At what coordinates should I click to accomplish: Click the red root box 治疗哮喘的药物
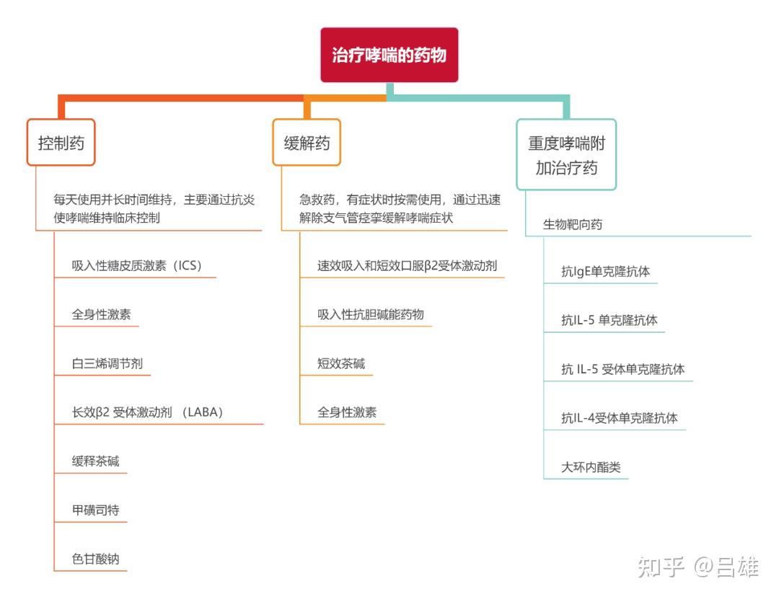point(389,55)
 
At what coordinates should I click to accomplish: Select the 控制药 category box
point(61,143)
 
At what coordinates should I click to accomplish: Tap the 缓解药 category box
point(307,143)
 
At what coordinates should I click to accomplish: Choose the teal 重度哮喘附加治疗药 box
point(566,154)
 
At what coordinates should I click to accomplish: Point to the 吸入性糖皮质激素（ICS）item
point(136,266)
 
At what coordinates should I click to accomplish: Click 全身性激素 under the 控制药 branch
point(102,314)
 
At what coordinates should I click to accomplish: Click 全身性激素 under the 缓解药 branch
point(347,412)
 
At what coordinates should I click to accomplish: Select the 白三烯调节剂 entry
point(107,363)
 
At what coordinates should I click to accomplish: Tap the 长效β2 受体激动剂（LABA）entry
point(148,412)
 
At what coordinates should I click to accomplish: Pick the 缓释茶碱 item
point(95,461)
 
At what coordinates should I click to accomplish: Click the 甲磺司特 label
point(95,510)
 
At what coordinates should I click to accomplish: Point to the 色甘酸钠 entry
point(95,559)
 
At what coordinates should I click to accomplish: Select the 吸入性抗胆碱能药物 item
point(371,314)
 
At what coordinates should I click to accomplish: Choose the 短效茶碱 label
point(341,363)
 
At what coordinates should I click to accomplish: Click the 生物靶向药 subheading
point(573,224)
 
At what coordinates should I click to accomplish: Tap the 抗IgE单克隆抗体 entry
point(606,272)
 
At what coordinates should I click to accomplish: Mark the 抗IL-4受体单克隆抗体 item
point(620,418)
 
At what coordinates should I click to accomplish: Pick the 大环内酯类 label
point(591,467)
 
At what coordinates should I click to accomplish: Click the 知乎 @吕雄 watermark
point(698,567)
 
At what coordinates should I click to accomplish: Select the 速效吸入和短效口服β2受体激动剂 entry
point(408,266)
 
